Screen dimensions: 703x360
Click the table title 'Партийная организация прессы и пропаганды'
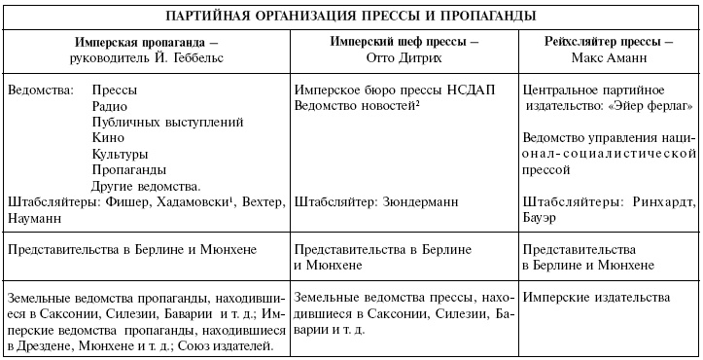(350, 17)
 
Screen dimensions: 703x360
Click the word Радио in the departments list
(108, 105)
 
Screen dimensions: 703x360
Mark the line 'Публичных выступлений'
(160, 122)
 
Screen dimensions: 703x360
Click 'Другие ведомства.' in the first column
(146, 186)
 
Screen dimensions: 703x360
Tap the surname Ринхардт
(659, 201)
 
